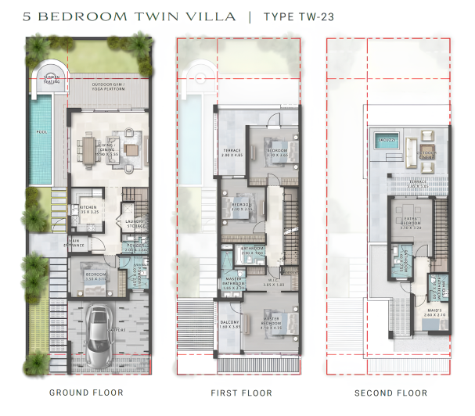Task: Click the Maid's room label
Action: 436,314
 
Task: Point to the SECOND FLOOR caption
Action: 390,393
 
